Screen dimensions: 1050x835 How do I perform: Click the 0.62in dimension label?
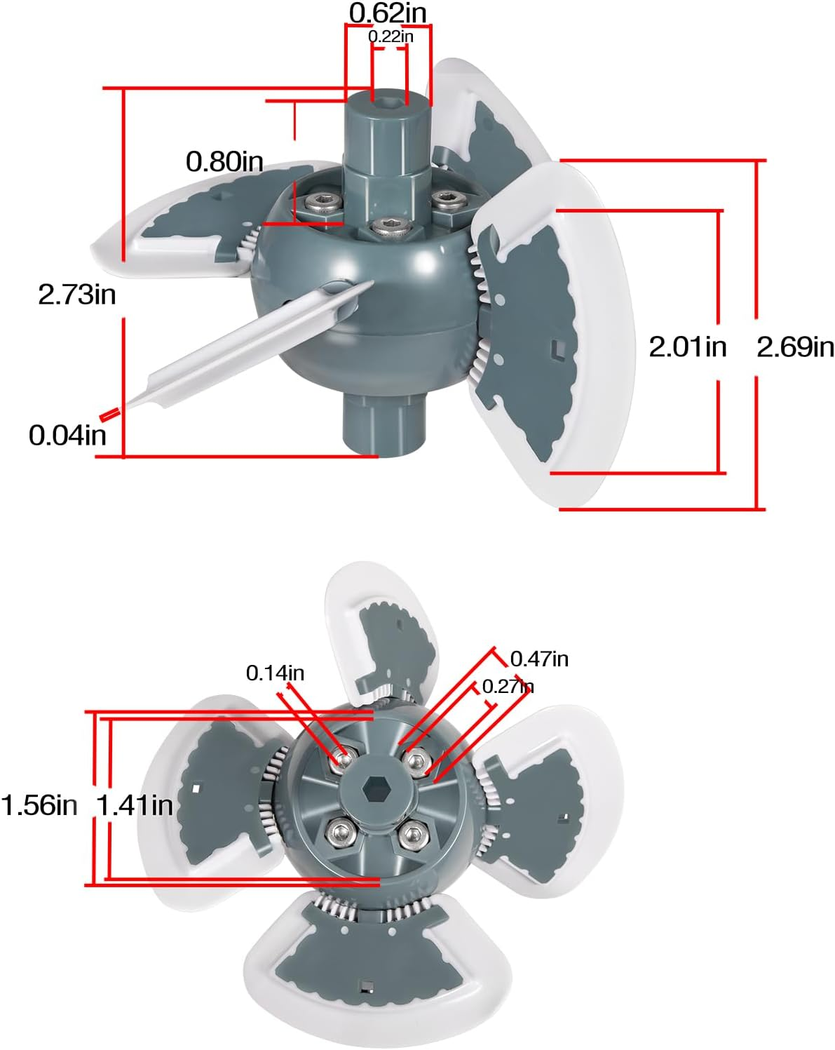tap(387, 12)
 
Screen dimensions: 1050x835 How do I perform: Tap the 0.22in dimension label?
tap(391, 36)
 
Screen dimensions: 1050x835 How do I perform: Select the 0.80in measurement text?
tap(224, 162)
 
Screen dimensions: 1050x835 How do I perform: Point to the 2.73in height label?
tap(77, 295)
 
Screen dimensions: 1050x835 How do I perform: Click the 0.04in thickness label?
tap(67, 436)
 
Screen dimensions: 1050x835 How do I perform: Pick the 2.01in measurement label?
tap(687, 346)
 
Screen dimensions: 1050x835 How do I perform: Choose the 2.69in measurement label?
tap(795, 346)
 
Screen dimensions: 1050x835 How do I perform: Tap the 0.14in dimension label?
tap(275, 673)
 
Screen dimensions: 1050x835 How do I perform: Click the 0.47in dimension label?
tap(539, 659)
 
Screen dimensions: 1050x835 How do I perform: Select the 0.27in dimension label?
tap(508, 686)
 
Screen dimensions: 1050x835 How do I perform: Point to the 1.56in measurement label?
tap(39, 805)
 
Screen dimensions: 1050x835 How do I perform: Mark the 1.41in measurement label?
tap(135, 805)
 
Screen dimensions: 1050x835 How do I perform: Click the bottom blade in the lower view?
tap(365, 961)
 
